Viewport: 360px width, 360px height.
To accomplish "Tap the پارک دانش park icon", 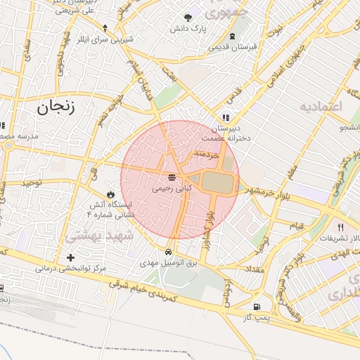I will [x=188, y=18].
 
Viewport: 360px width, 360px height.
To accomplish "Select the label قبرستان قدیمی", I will [x=233, y=47].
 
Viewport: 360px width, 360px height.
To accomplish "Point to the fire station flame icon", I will [x=110, y=193].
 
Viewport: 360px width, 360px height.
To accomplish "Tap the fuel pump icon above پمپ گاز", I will [x=256, y=307].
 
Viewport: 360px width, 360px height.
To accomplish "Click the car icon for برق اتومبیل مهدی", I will [x=169, y=251].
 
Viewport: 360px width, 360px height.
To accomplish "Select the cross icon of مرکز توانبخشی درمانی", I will [x=70, y=257].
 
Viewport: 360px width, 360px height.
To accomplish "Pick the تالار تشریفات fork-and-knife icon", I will [x=341, y=227].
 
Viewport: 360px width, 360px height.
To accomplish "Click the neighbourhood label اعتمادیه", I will [x=320, y=107].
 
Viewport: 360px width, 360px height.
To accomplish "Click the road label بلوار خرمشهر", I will [x=263, y=192].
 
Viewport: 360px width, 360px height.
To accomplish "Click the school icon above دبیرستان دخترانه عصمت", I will [x=225, y=117].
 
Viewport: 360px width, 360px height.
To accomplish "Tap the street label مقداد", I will [x=253, y=269].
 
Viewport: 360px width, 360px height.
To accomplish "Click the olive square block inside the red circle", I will [x=217, y=181].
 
